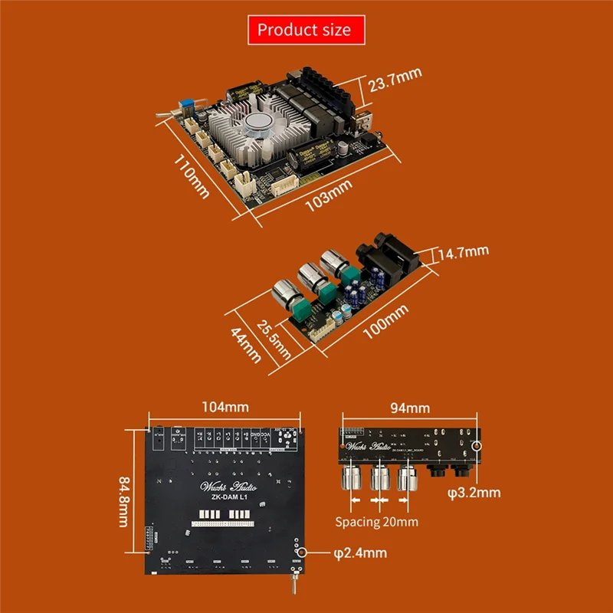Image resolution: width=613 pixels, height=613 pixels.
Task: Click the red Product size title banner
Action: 304,30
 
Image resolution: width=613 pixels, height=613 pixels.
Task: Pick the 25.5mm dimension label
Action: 274,338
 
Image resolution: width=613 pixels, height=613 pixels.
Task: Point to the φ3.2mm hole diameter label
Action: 474,492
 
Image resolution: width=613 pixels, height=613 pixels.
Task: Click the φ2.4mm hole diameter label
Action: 360,552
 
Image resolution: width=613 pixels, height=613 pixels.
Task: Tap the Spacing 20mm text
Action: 377,522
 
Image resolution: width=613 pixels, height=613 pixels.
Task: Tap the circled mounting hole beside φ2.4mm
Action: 304,552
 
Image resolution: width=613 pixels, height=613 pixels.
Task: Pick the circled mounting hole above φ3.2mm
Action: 477,445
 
